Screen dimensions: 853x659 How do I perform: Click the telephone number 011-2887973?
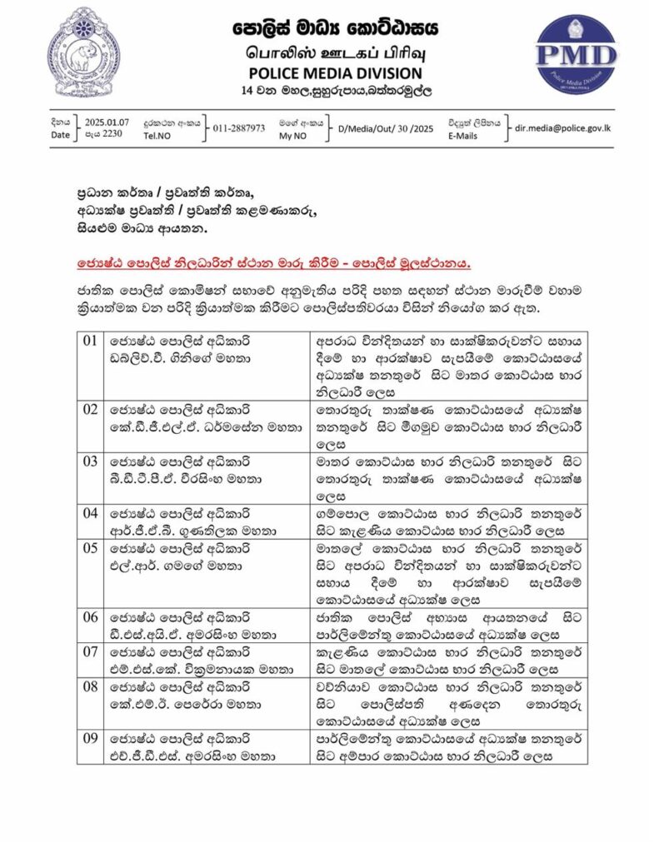pos(239,128)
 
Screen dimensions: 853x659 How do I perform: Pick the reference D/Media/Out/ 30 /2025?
pos(385,128)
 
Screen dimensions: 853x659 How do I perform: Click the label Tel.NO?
pos(157,135)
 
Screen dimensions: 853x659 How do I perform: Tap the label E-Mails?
pos(462,135)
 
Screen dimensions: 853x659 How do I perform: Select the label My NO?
pos(292,135)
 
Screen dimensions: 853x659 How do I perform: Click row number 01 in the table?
pos(91,341)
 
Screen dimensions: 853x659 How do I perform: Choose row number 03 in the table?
pos(91,461)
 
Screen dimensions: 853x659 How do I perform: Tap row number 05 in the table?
pos(91,548)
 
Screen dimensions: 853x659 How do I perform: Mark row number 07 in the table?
pos(91,649)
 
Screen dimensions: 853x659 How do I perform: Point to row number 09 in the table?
pos(91,739)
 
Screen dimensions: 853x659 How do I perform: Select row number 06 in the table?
pos(91,617)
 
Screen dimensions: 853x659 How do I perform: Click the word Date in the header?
pos(61,135)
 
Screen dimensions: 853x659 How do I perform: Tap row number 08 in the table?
pos(91,687)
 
